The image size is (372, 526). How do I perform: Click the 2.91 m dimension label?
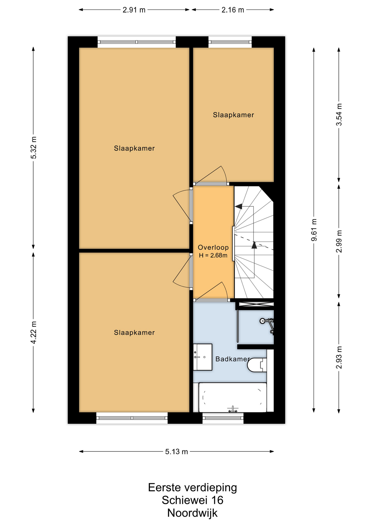[x=134, y=10]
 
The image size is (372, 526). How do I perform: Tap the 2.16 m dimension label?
[x=233, y=10]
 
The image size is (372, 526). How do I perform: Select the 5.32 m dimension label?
[x=34, y=147]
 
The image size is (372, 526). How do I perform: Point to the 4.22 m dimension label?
[x=34, y=332]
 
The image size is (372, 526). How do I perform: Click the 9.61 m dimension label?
[x=314, y=230]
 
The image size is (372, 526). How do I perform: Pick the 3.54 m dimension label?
[x=339, y=114]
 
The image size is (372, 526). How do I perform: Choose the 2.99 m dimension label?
[x=339, y=241]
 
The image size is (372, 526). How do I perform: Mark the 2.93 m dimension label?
[x=339, y=358]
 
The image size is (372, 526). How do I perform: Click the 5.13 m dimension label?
[x=176, y=451]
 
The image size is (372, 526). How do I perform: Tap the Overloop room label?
[x=213, y=247]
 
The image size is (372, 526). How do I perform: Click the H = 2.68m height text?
[x=213, y=256]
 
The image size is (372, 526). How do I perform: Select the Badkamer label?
[x=233, y=359]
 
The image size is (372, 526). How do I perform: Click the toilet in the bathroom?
[x=257, y=365]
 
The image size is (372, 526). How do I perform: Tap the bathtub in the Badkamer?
[x=233, y=397]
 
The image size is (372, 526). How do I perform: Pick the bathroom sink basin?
[x=203, y=357]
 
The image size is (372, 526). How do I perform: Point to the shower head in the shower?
[x=262, y=321]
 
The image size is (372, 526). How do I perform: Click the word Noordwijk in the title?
[x=192, y=513]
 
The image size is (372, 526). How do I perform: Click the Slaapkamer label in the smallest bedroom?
[x=233, y=115]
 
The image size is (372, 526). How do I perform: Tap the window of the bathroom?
[x=223, y=418]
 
